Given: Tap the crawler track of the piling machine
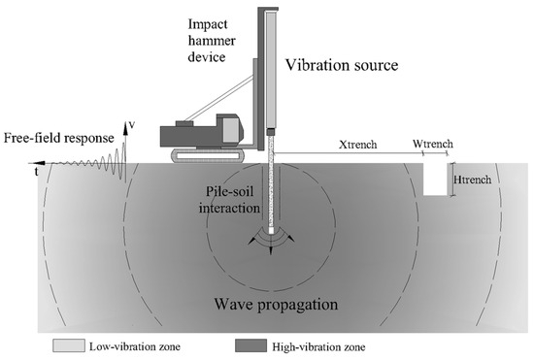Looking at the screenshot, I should coord(210,154).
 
